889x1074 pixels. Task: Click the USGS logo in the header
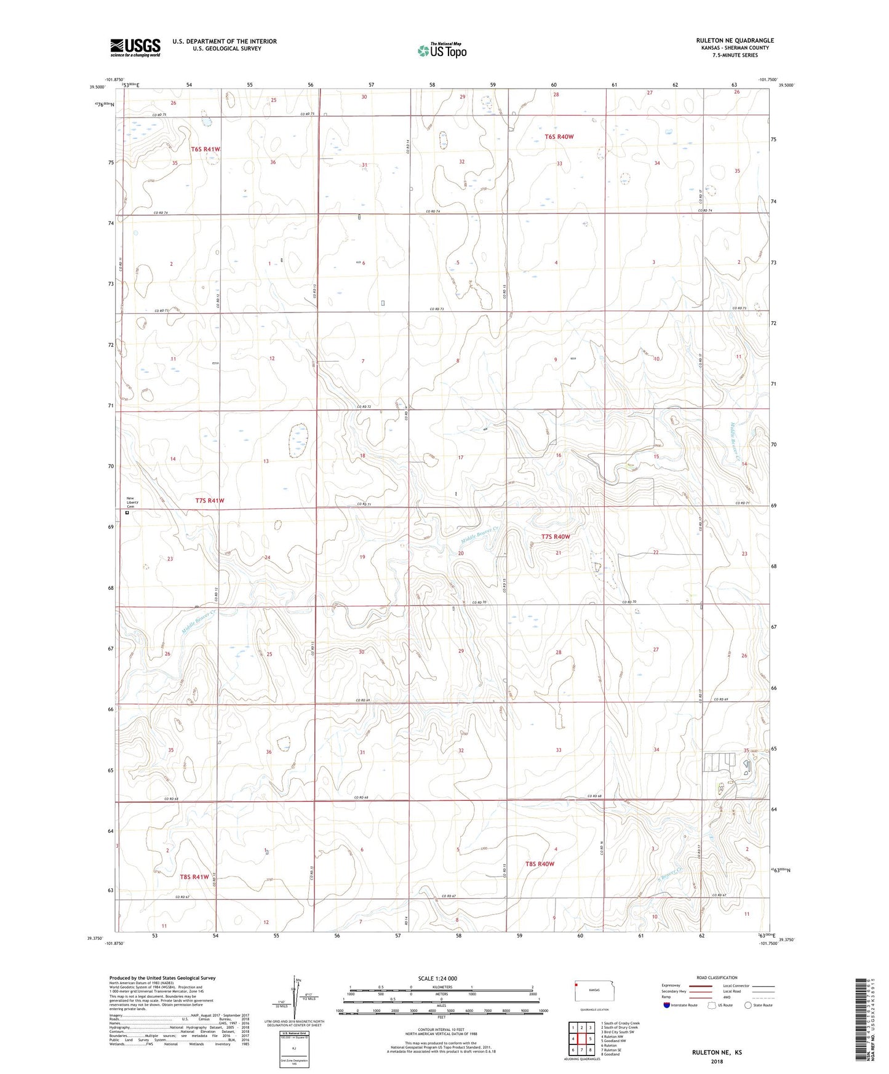click(135, 47)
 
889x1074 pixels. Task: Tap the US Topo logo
click(442, 50)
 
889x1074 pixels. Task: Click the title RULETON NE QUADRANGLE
click(735, 41)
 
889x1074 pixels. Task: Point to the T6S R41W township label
click(205, 149)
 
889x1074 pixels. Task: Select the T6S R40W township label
click(559, 137)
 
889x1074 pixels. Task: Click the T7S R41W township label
click(210, 501)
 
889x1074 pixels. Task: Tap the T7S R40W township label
click(555, 536)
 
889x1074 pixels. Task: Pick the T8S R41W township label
click(194, 877)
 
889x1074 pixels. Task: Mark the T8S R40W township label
click(540, 864)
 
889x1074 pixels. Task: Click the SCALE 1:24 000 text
click(437, 978)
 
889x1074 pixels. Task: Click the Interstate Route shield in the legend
click(667, 1005)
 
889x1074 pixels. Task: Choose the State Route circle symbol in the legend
click(748, 1005)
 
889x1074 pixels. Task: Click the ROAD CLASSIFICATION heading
click(717, 977)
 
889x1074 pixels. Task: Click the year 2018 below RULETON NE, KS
click(717, 1061)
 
